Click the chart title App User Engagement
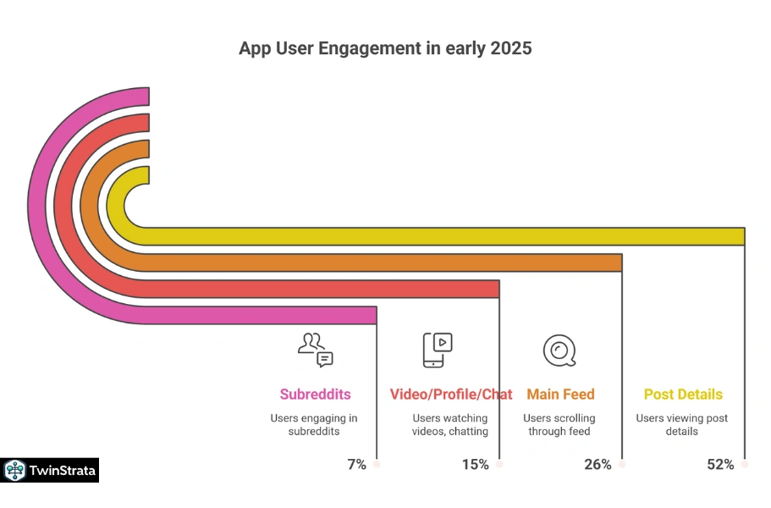click(385, 48)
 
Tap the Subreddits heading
click(315, 395)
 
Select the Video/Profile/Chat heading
click(451, 395)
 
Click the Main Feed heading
click(560, 395)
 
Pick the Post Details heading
click(683, 395)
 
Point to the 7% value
click(356, 464)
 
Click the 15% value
click(476, 464)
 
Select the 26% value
click(598, 464)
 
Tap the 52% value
click(720, 464)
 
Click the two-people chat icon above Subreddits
click(316, 350)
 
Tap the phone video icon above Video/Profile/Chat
click(438, 350)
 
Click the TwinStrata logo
click(51, 471)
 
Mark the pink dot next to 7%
click(377, 464)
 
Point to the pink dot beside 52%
click(745, 464)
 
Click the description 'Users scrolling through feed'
click(559, 425)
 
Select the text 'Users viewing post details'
click(682, 425)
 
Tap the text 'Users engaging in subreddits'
click(314, 425)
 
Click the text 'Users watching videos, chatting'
click(450, 425)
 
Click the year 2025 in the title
click(510, 48)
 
